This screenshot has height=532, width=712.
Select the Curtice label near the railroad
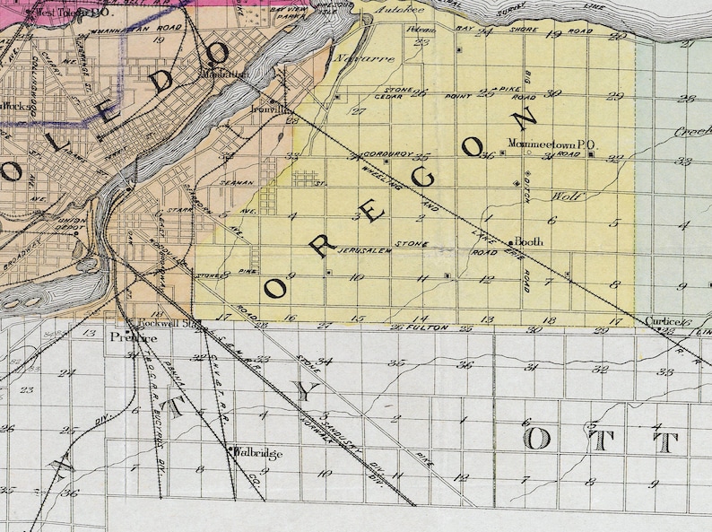[663, 320]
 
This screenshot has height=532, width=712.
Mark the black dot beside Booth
[511, 242]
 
